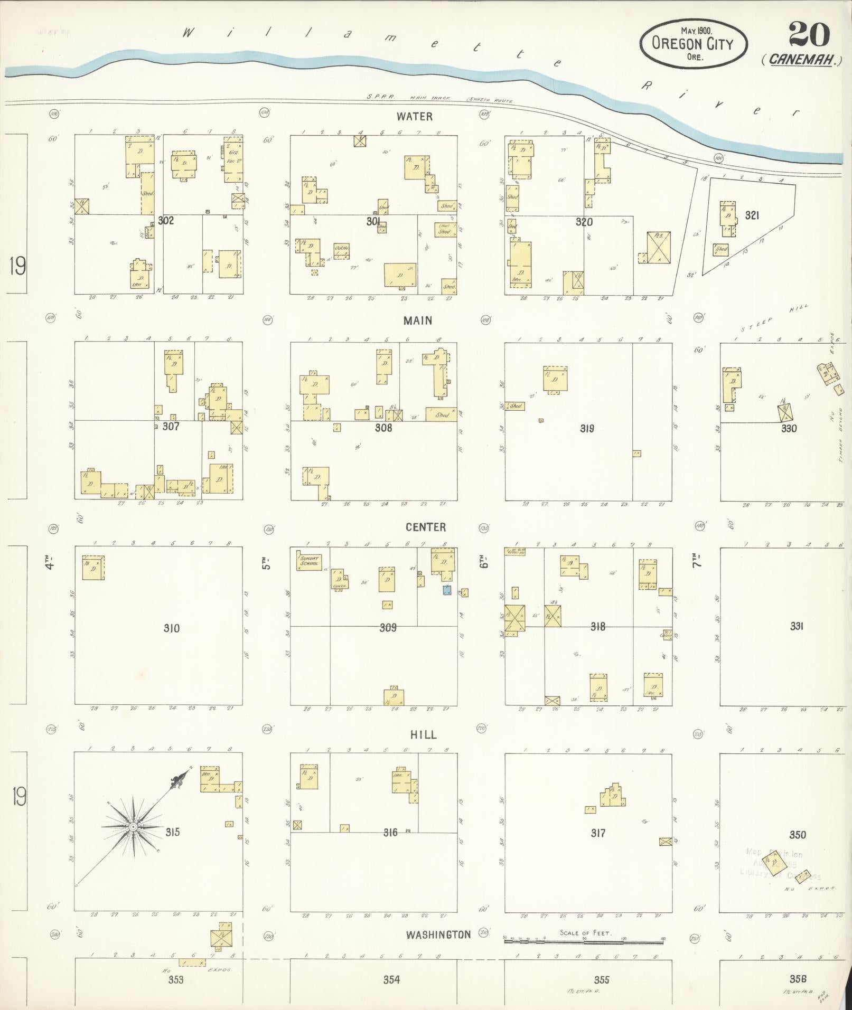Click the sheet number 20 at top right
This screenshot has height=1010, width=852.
(809, 36)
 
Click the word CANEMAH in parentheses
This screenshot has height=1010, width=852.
(802, 60)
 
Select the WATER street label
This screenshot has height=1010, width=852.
(415, 116)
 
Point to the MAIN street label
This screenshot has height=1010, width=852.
(417, 320)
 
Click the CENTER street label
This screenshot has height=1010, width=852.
(426, 527)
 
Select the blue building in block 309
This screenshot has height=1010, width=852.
(447, 590)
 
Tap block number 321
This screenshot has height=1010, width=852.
(752, 215)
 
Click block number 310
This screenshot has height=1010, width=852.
(171, 628)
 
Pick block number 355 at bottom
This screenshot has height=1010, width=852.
(601, 979)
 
